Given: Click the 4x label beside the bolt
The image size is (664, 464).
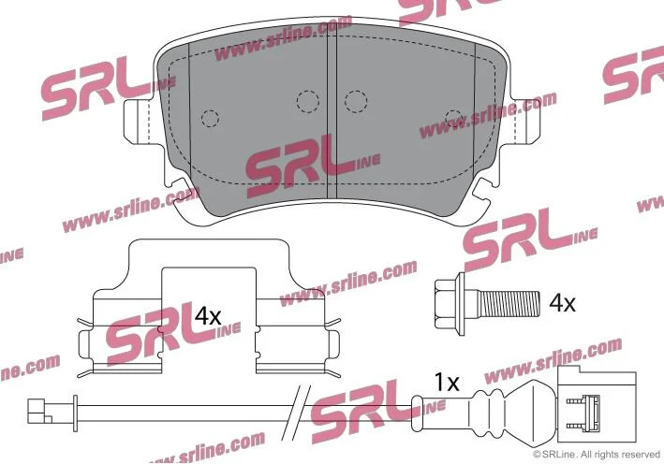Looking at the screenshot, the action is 562,303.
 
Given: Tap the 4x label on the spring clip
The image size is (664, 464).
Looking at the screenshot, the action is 208,316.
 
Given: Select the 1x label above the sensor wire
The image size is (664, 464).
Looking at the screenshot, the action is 447,383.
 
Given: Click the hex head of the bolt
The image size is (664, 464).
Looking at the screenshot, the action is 450,304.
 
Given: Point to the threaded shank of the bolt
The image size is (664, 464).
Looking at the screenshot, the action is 509,304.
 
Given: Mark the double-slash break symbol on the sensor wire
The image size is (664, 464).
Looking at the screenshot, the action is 297,413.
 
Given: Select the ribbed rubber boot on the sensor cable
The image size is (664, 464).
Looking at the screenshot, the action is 487,413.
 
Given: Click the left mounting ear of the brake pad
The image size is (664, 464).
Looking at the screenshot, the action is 138,123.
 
